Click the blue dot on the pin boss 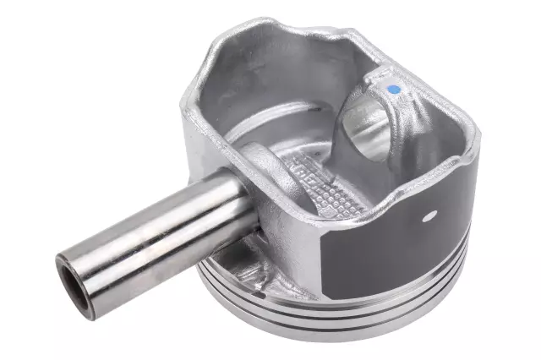point(392,87)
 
